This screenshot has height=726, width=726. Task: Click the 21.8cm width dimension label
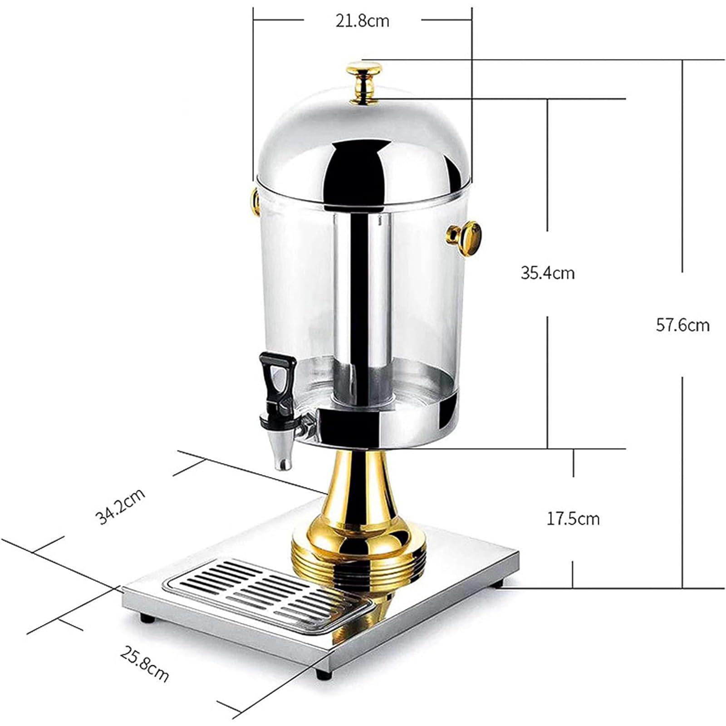click(362, 21)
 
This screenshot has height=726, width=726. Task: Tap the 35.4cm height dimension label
click(547, 273)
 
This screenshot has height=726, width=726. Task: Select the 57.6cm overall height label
click(682, 325)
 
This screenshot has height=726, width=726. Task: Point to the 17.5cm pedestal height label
click(573, 518)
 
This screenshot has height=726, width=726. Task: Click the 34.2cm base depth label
click(120, 505)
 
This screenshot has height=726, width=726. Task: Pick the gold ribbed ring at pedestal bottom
click(358, 567)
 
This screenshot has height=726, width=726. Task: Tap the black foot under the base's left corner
click(147, 618)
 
